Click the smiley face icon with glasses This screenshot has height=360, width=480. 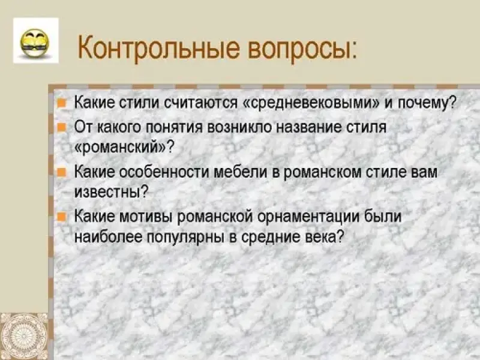coord(35,43)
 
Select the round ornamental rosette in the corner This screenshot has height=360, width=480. coord(24,337)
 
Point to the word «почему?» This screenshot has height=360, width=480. coord(427,103)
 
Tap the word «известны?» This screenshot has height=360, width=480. coord(112,192)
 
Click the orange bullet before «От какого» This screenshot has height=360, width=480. coord(62,127)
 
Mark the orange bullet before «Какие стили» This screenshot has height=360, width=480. coord(62,103)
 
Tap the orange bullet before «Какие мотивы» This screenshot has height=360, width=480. coord(62,217)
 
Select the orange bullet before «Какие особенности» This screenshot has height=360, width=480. coord(62,172)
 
